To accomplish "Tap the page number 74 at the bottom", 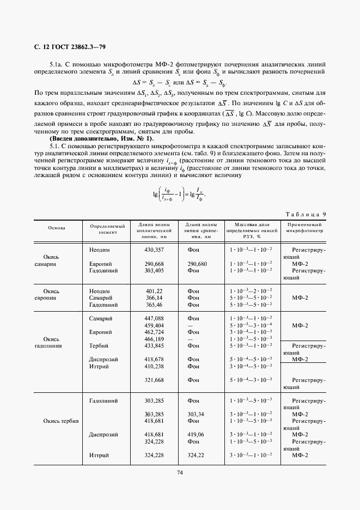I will pyautogui.click(x=180, y=472).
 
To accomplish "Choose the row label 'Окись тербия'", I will pyautogui.click(x=60, y=421).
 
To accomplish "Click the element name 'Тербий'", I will pyautogui.click(x=99, y=345).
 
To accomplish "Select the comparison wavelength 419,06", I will pyautogui.click(x=196, y=435).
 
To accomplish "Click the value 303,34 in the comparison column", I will pyautogui.click(x=196, y=414).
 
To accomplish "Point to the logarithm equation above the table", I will pyautogui.click(x=179, y=195).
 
